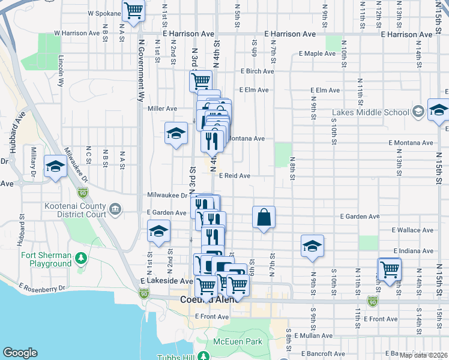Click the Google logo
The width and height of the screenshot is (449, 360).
(x=20, y=353)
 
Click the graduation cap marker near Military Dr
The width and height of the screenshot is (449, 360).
(x=55, y=166)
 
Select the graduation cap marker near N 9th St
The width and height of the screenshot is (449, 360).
(x=312, y=245)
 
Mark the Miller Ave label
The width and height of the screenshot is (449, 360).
(x=163, y=109)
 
